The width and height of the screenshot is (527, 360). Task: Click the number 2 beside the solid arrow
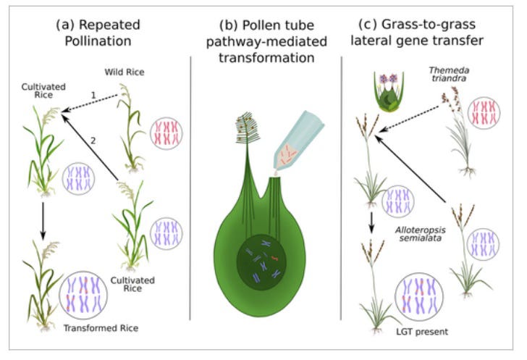(x=92, y=139)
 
